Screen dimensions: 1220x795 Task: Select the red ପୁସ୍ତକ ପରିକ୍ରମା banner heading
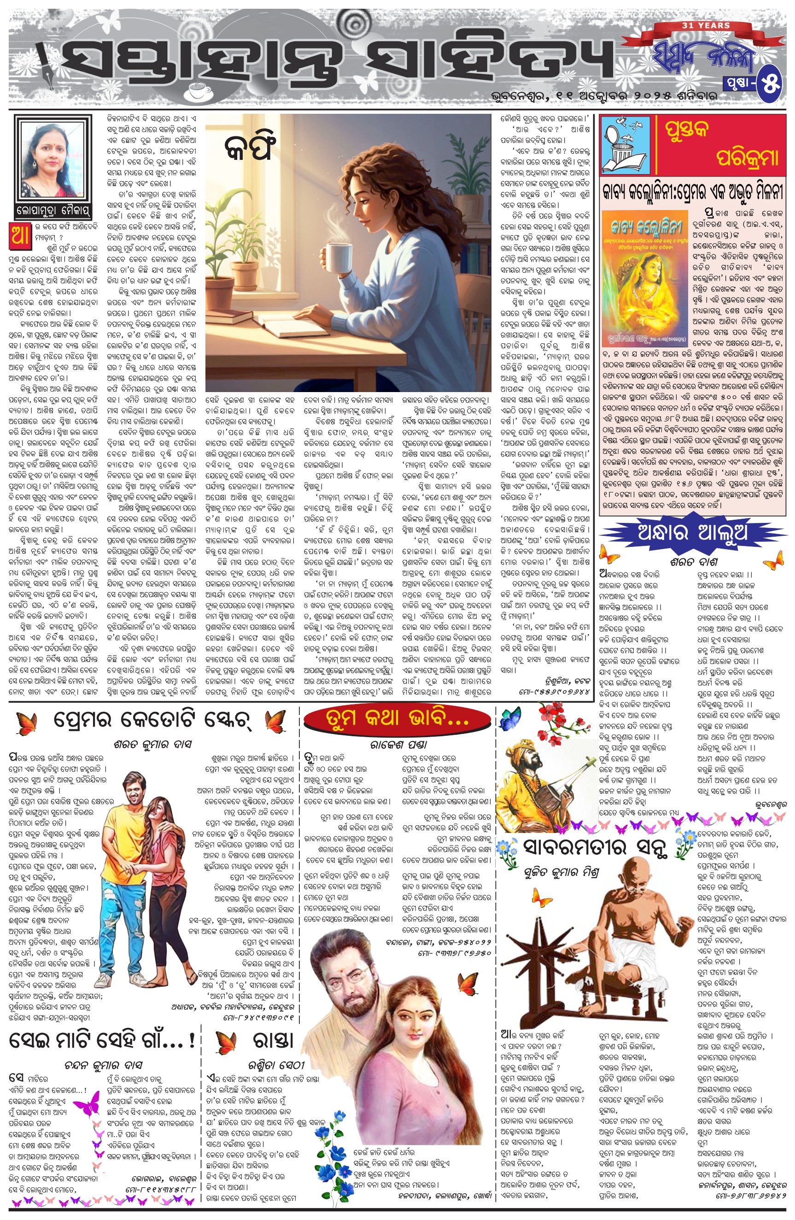click(718, 145)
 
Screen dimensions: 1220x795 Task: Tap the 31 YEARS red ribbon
click(713, 26)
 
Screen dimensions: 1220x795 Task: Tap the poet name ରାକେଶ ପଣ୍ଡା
click(399, 745)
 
